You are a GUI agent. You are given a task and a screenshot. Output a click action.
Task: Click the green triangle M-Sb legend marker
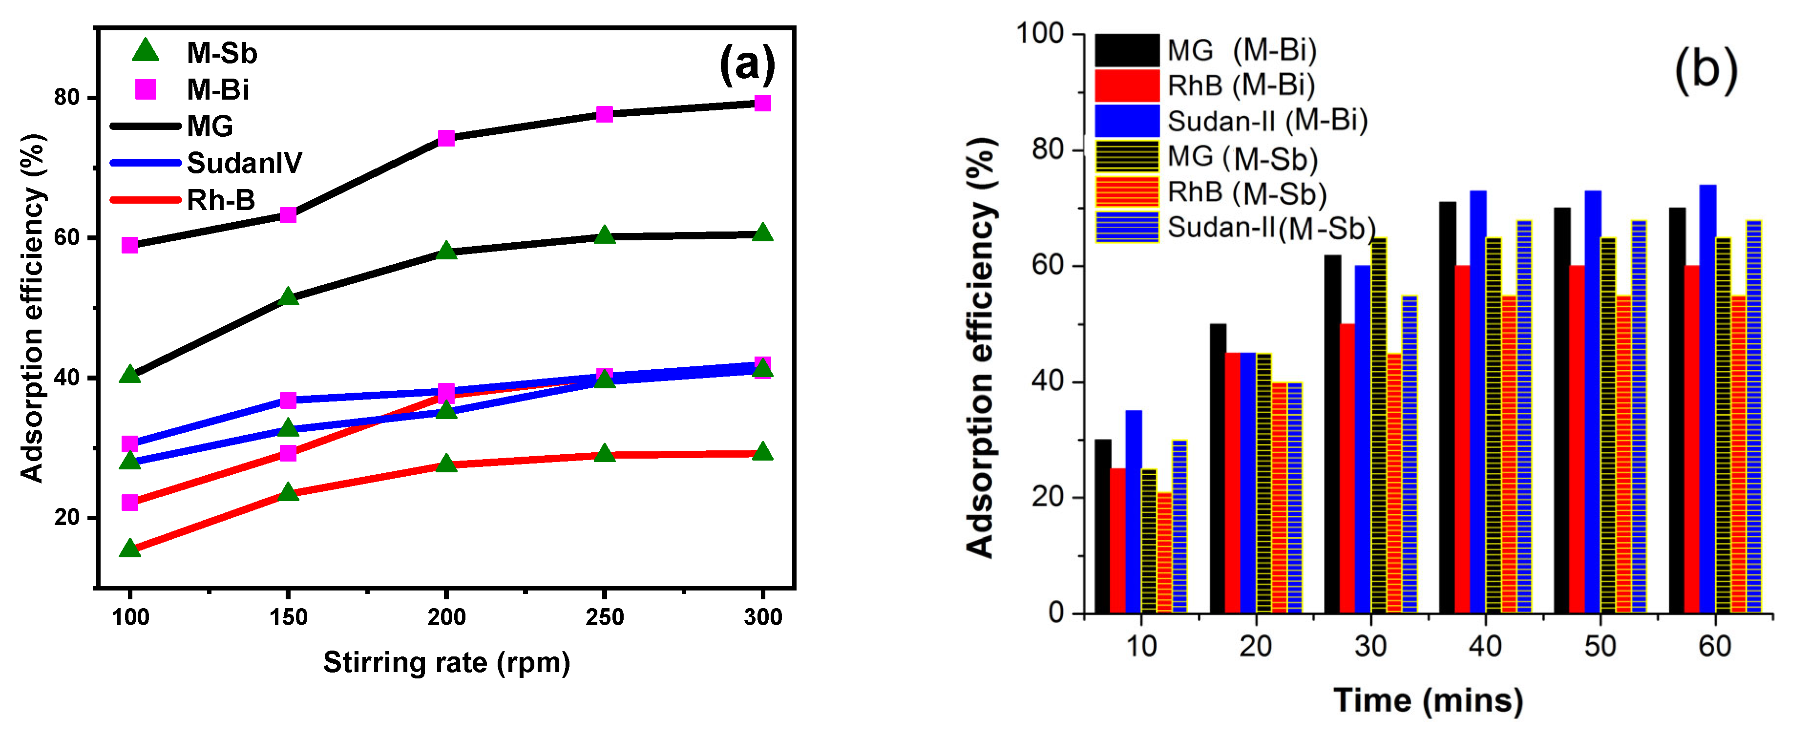click(146, 51)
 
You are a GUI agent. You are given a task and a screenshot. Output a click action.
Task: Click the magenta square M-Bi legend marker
click(146, 89)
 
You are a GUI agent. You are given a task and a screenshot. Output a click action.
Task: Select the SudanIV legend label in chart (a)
click(244, 163)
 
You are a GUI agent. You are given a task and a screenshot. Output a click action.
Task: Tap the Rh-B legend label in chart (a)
click(220, 200)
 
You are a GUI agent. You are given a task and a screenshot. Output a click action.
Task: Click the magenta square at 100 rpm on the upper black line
click(130, 245)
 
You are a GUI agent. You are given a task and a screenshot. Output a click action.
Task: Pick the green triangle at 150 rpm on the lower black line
click(288, 297)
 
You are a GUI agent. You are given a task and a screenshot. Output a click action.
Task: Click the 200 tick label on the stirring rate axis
click(446, 617)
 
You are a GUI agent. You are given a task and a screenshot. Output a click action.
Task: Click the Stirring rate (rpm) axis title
click(446, 662)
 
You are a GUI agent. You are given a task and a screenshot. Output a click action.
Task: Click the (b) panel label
click(1706, 70)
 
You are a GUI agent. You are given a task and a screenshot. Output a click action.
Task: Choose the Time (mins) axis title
click(1428, 700)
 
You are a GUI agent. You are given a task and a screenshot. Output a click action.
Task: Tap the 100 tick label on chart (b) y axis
click(1040, 33)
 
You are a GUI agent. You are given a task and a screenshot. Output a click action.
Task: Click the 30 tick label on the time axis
click(1370, 646)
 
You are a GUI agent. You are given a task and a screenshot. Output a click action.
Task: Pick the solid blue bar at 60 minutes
click(1707, 399)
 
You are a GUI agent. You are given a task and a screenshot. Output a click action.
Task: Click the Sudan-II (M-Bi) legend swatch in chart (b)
click(1126, 121)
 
